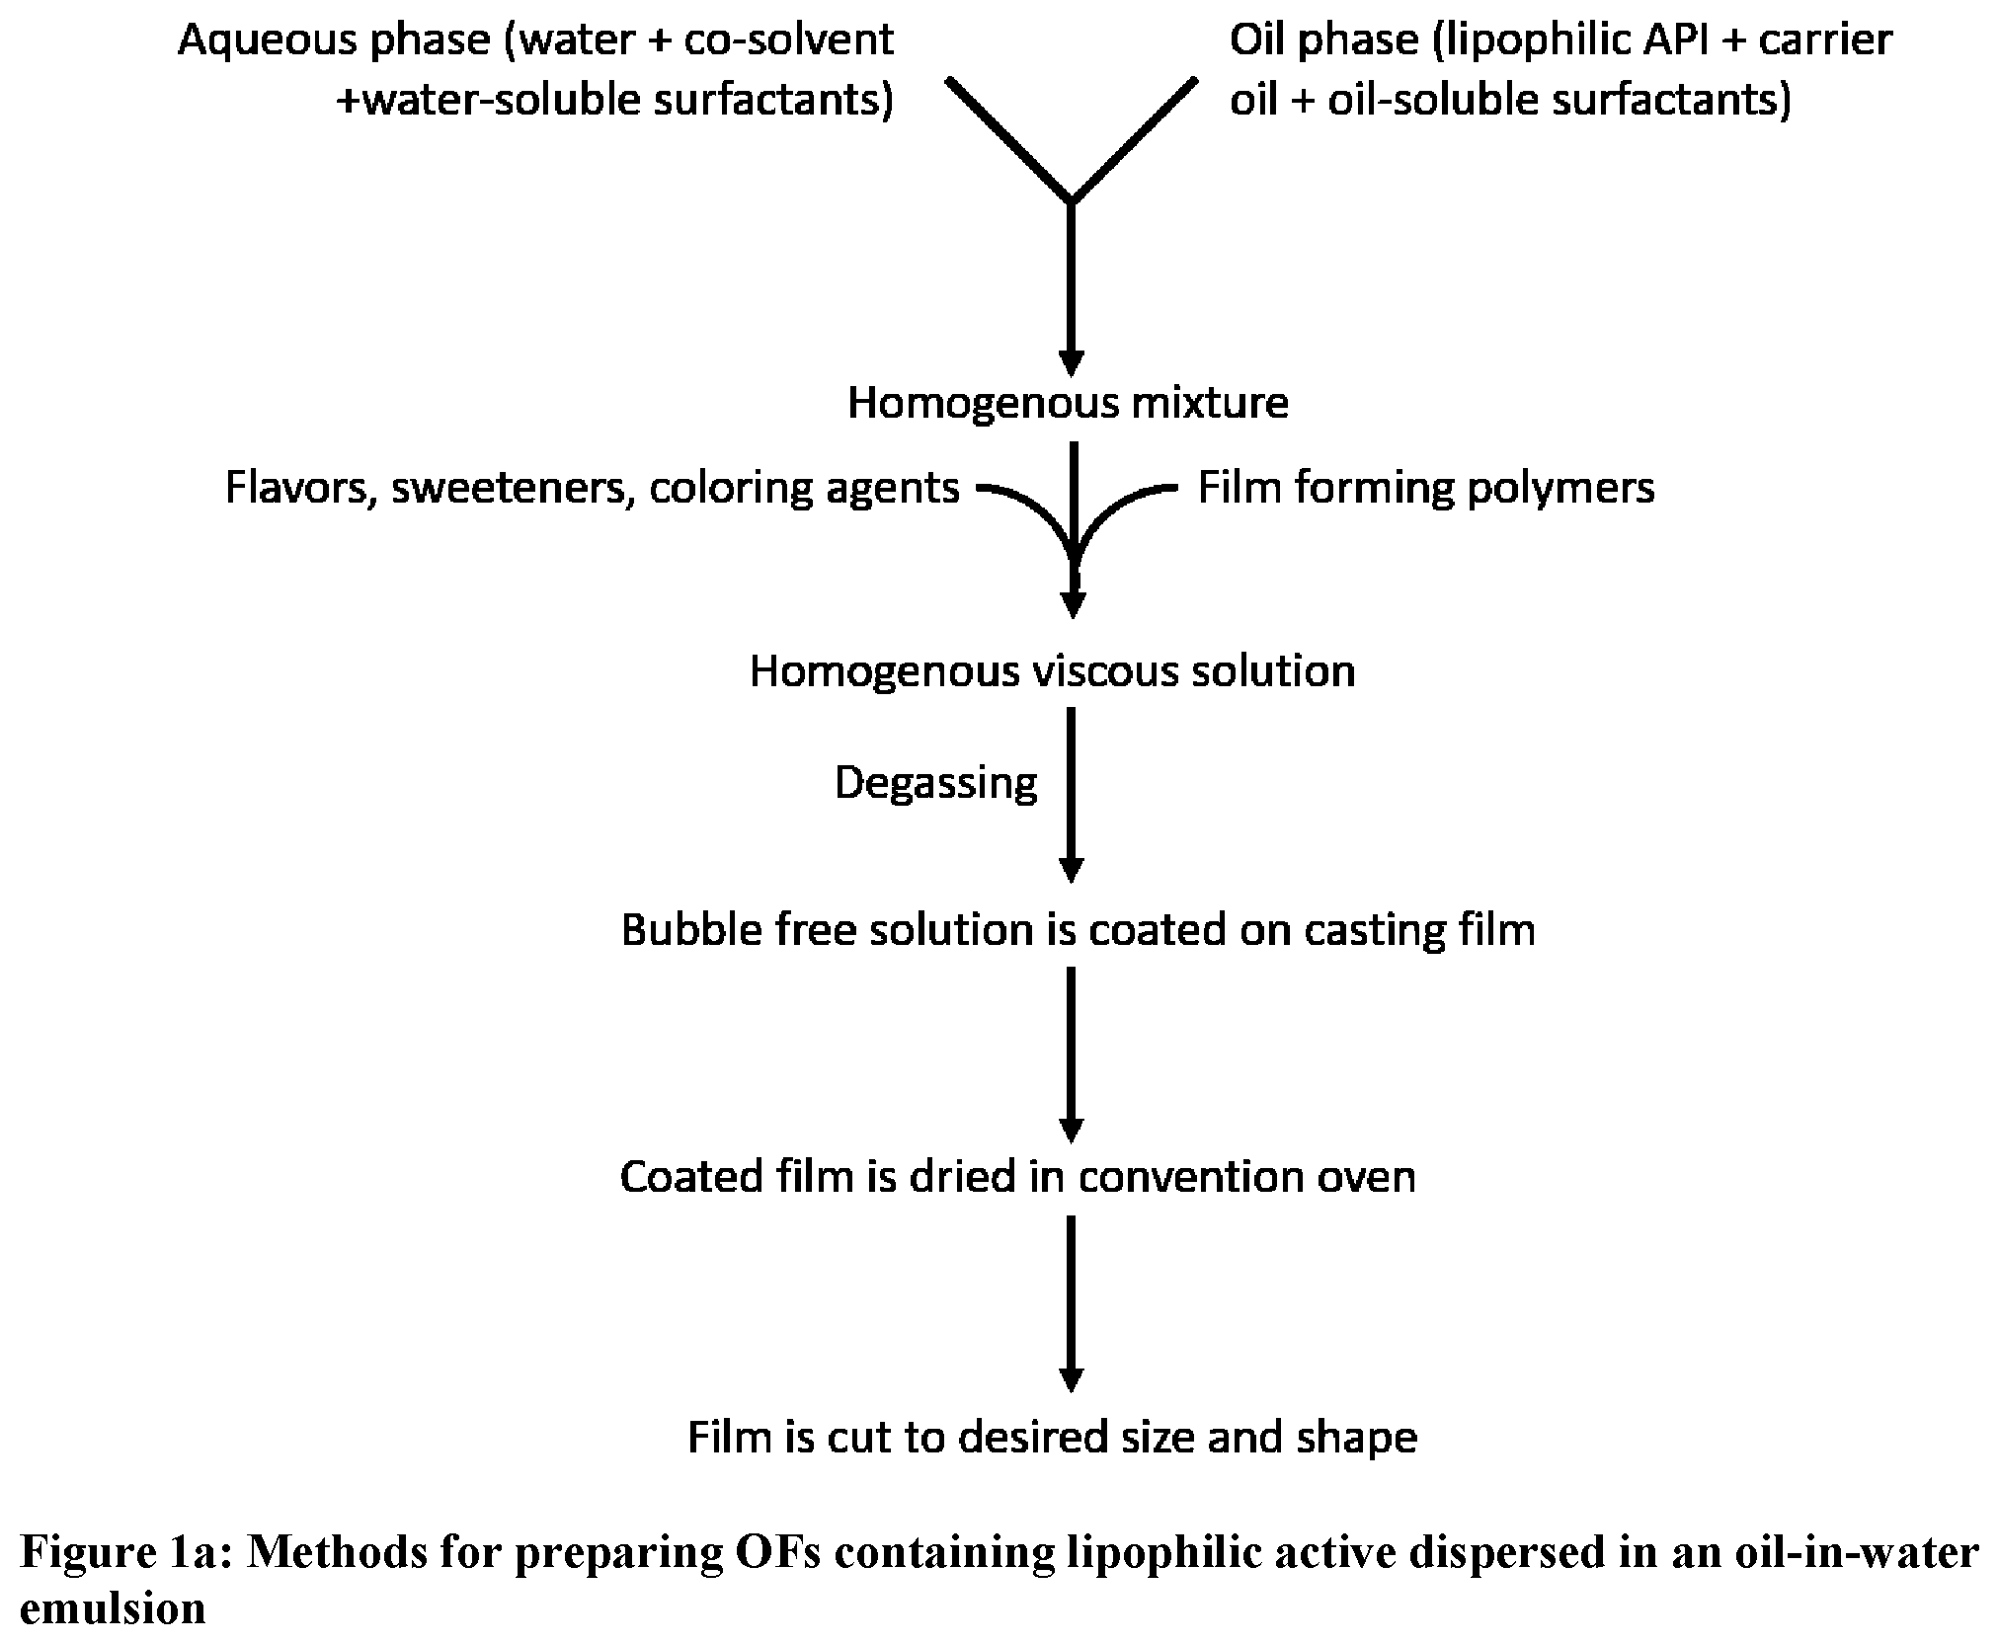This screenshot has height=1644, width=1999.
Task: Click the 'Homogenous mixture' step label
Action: (1068, 403)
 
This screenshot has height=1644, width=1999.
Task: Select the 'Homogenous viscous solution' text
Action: (1052, 671)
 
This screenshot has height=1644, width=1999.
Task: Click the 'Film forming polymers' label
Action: (1426, 488)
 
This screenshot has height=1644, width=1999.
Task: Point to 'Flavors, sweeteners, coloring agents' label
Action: (593, 489)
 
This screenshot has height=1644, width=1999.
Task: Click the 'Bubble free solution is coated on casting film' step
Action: (1079, 931)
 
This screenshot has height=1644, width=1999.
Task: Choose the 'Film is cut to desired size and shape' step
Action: (1052, 1437)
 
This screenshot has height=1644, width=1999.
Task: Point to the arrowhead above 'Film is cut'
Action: (1072, 1379)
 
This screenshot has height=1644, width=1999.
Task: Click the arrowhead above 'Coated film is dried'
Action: (1072, 1131)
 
